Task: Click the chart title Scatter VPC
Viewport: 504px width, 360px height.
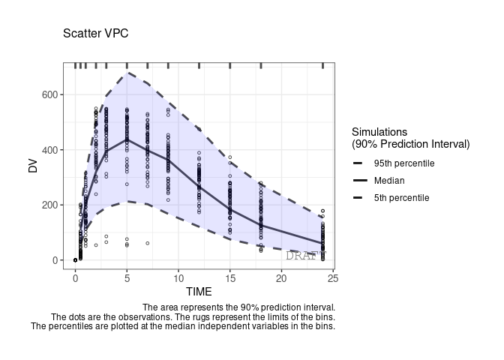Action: point(95,34)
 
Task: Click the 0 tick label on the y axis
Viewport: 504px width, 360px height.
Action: point(56,260)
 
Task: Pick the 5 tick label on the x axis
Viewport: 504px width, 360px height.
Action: point(127,278)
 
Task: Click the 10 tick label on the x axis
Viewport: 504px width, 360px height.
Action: point(178,278)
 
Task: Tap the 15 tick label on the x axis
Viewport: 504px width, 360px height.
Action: point(229,278)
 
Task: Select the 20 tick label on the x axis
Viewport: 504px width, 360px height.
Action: point(281,278)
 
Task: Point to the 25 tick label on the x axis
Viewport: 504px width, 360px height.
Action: point(333,278)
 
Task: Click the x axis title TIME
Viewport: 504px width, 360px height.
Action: point(199,292)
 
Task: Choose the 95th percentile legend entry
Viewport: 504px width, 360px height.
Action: point(403,163)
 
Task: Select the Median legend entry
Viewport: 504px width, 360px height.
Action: point(388,181)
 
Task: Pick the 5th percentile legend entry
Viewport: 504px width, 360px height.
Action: point(401,198)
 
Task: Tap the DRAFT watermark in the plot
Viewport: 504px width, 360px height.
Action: point(306,256)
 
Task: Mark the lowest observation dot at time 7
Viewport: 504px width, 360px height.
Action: point(148,243)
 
